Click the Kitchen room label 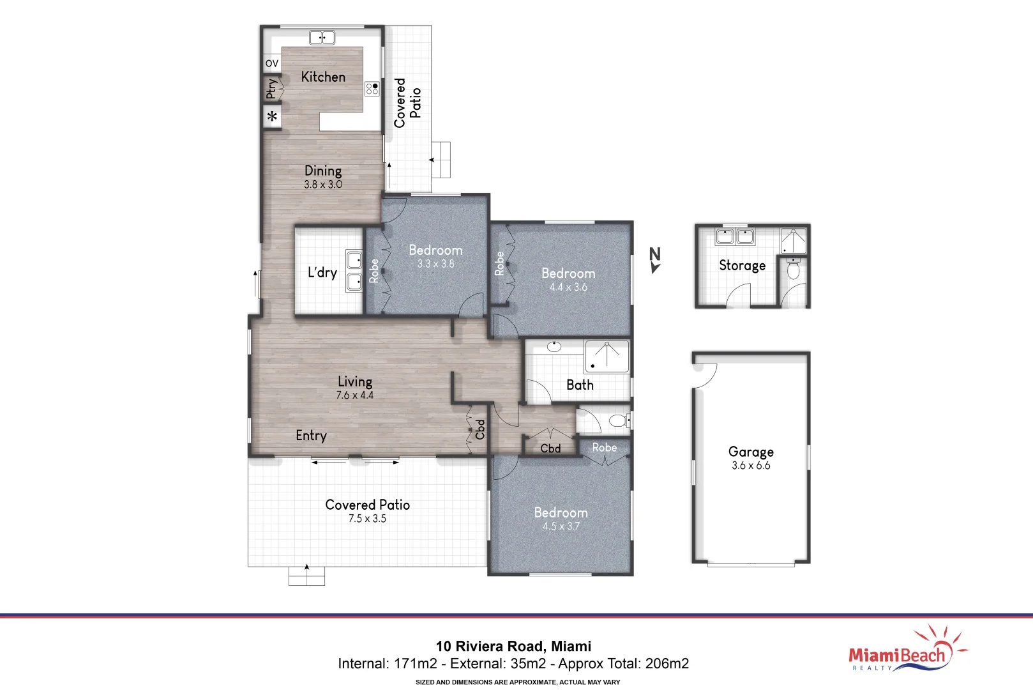pyautogui.click(x=323, y=77)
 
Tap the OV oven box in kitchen pyautogui.click(x=272, y=63)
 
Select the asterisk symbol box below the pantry pyautogui.click(x=273, y=117)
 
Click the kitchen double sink pyautogui.click(x=322, y=38)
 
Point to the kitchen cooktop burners pyautogui.click(x=372, y=89)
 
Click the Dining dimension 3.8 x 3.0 pyautogui.click(x=323, y=185)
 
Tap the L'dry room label pyautogui.click(x=322, y=273)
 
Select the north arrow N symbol pyautogui.click(x=654, y=259)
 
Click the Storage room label pyautogui.click(x=742, y=265)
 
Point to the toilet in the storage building pyautogui.click(x=794, y=270)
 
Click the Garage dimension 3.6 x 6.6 pyautogui.click(x=751, y=466)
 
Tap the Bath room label pyautogui.click(x=580, y=385)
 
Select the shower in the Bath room pyautogui.click(x=607, y=356)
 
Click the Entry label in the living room pyautogui.click(x=311, y=436)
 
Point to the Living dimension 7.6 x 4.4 pyautogui.click(x=355, y=395)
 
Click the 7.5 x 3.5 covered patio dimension pyautogui.click(x=367, y=519)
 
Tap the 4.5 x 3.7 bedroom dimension pyautogui.click(x=561, y=526)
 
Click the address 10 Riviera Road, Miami pyautogui.click(x=513, y=646)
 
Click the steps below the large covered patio pyautogui.click(x=306, y=577)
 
